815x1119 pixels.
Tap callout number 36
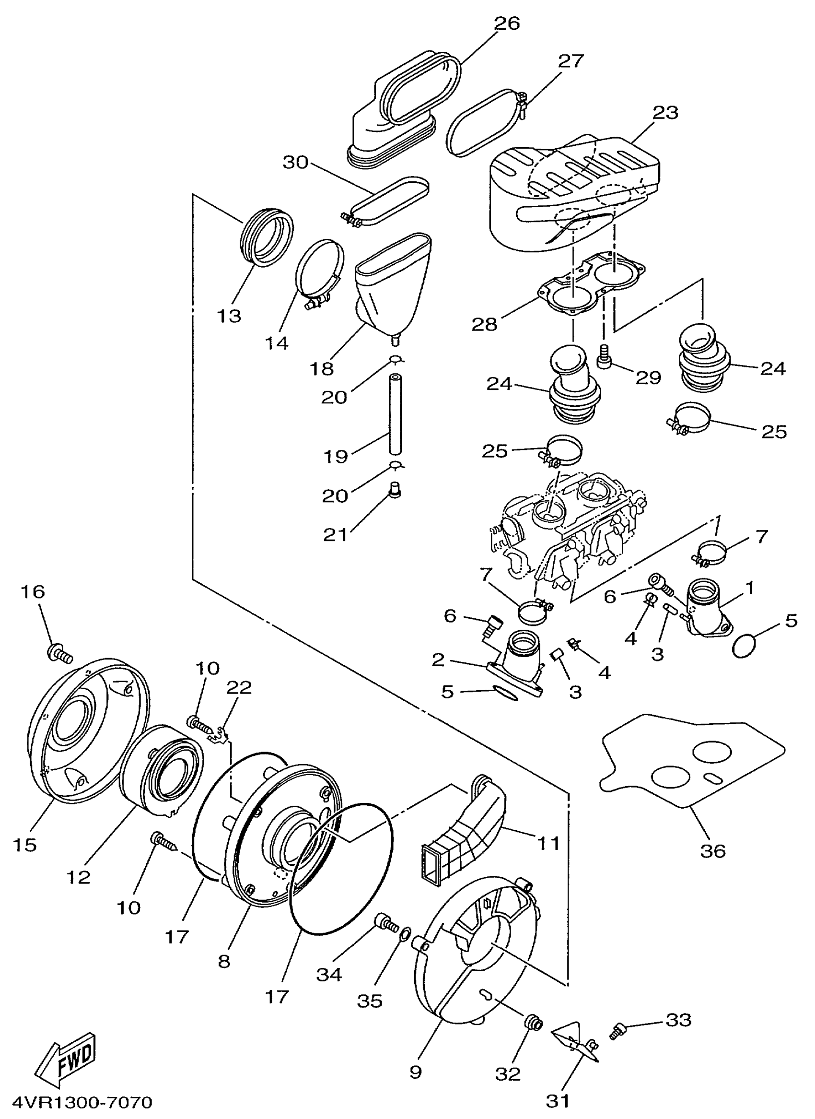pos(712,850)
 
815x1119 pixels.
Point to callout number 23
pos(665,113)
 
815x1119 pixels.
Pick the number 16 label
pos(33,591)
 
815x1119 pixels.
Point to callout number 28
pos(485,324)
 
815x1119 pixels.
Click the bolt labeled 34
pos(386,922)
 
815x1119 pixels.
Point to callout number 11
pos(548,844)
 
